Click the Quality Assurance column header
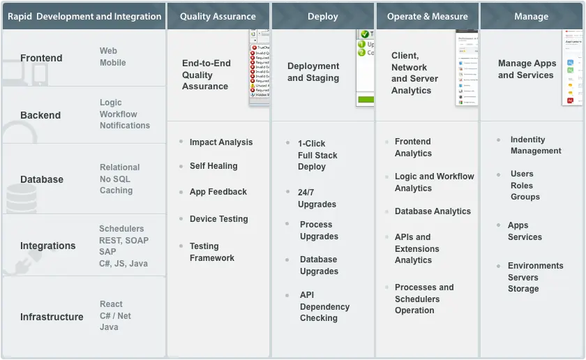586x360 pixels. [x=218, y=16]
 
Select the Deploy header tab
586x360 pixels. [x=322, y=16]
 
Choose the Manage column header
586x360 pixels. [x=531, y=16]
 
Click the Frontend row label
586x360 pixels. [x=41, y=58]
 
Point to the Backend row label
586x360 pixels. [x=40, y=115]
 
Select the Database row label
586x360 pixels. [x=42, y=179]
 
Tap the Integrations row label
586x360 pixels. [x=47, y=246]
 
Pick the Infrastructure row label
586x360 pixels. [x=52, y=317]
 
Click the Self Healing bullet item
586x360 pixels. [x=213, y=166]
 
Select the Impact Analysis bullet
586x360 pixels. [x=221, y=142]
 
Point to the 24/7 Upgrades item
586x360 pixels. [x=317, y=198]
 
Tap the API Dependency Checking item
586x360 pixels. [x=324, y=306]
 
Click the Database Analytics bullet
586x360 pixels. [x=433, y=211]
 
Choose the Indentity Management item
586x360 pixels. [x=536, y=145]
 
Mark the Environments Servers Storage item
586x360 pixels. [x=535, y=277]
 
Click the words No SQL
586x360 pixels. [x=115, y=179]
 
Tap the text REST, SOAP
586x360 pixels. [x=123, y=240]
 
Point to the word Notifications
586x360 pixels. [x=125, y=126]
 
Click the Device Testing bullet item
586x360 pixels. [x=218, y=219]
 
